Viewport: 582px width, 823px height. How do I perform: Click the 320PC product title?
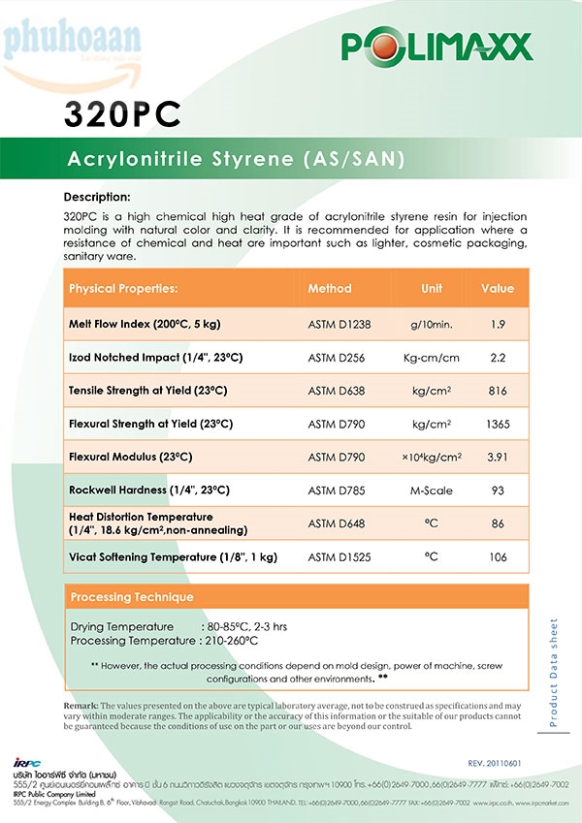[122, 113]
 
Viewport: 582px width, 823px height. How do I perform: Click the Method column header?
[330, 289]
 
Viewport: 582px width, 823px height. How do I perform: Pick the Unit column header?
[432, 289]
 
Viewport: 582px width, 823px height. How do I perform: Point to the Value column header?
[498, 289]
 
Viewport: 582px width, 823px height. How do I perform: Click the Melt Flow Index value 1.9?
[498, 324]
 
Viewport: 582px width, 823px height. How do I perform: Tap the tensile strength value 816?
[498, 391]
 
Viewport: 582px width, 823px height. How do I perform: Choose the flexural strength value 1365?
[498, 425]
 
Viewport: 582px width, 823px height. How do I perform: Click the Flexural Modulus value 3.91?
[498, 457]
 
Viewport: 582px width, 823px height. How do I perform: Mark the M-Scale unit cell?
[432, 491]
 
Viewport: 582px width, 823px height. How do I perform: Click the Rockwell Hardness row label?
[149, 491]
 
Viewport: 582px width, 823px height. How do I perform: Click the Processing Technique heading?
[132, 597]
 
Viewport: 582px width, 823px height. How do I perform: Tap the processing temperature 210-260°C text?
[231, 641]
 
